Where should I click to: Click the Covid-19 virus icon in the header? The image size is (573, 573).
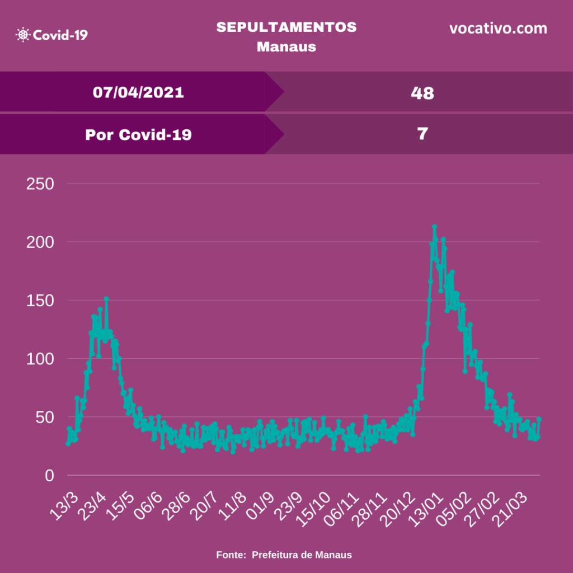click(23, 35)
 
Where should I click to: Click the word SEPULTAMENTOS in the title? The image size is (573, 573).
click(286, 27)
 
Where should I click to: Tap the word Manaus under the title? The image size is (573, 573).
click(286, 46)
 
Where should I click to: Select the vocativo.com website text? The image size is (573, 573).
click(498, 29)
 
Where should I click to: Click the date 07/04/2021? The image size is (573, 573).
click(138, 92)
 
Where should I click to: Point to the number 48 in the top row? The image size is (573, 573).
click(422, 93)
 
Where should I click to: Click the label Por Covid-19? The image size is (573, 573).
click(138, 135)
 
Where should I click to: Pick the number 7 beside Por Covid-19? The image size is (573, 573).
click(422, 134)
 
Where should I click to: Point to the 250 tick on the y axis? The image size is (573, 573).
click(40, 184)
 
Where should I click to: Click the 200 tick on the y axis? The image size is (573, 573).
click(40, 242)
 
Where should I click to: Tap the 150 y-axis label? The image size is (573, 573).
click(40, 300)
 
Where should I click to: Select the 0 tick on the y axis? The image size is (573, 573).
click(50, 476)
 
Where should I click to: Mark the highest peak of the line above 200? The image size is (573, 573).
click(434, 227)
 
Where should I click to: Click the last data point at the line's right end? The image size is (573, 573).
click(539, 419)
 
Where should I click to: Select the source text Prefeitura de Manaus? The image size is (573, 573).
click(302, 555)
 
